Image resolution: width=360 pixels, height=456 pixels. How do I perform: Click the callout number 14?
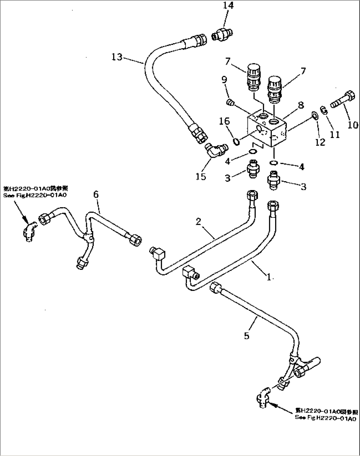pos(228,6)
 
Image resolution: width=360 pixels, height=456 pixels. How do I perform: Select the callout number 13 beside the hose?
pos(117,57)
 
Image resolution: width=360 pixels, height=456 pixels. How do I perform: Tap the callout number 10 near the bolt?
pos(353,124)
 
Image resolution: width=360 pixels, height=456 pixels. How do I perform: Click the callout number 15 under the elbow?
pos(200,176)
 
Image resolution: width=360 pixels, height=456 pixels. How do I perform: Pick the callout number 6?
pos(96,194)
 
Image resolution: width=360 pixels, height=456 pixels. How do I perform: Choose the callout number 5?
pos(247,336)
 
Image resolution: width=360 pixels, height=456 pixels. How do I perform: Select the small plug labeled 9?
pos(230,104)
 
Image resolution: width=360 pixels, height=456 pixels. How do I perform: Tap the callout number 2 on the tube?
pos(198,221)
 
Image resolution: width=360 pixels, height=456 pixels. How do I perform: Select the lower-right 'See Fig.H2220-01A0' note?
pos(325,414)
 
